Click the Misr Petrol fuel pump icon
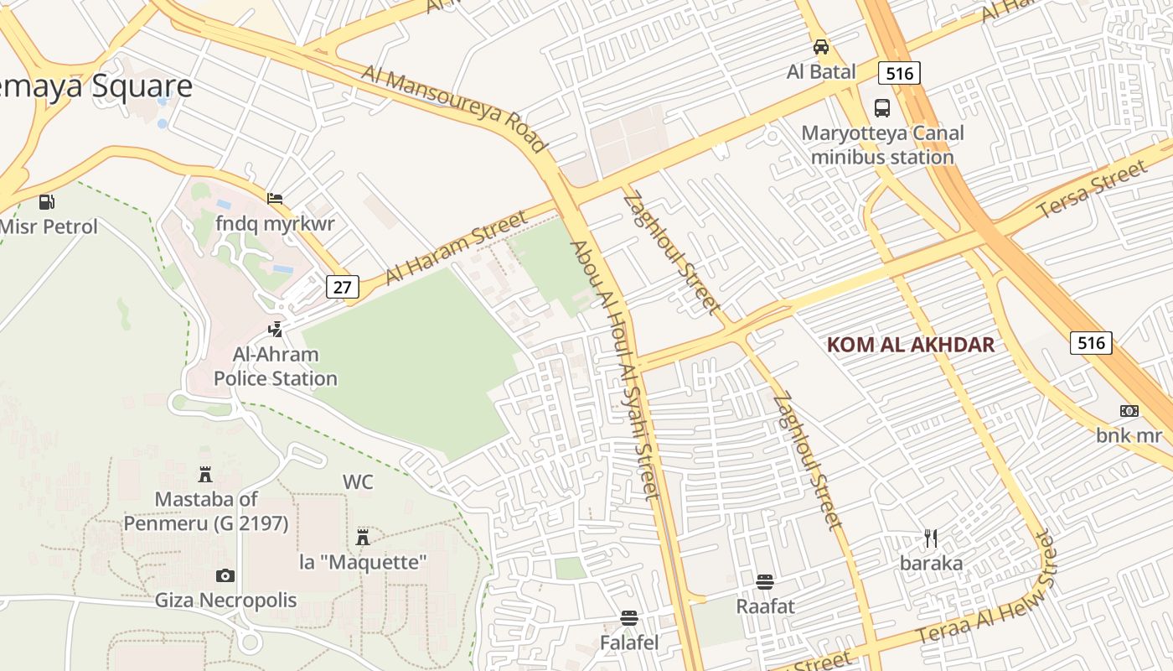pyautogui.click(x=46, y=201)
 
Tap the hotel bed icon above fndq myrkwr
pyautogui.click(x=274, y=199)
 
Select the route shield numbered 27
pyautogui.click(x=342, y=287)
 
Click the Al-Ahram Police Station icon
pyautogui.click(x=275, y=330)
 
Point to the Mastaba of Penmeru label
pyautogui.click(x=206, y=512)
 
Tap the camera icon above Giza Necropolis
pyautogui.click(x=225, y=575)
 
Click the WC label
pyautogui.click(x=358, y=482)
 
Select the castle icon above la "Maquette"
pyautogui.click(x=363, y=537)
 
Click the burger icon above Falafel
pyautogui.click(x=629, y=618)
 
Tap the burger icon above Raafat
pyautogui.click(x=764, y=581)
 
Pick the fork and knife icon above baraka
pyautogui.click(x=931, y=538)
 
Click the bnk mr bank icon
pyautogui.click(x=1129, y=410)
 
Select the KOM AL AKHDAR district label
pyautogui.click(x=910, y=345)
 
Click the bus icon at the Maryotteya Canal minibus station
pyautogui.click(x=882, y=107)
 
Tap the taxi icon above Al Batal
pyautogui.click(x=820, y=47)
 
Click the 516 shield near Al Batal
pyautogui.click(x=899, y=73)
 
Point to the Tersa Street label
pyautogui.click(x=1091, y=190)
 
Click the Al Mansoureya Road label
pyautogui.click(x=453, y=109)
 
